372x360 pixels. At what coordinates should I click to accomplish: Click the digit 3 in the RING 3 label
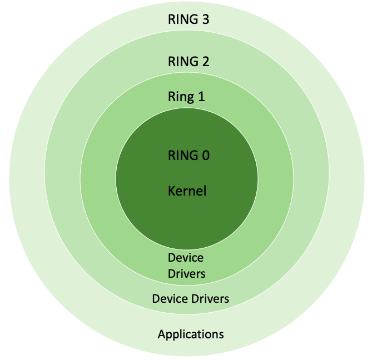click(x=205, y=19)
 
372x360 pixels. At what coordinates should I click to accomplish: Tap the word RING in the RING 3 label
click(x=182, y=19)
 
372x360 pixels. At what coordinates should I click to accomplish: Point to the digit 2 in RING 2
click(x=205, y=61)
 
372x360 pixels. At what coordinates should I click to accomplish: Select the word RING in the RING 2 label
click(x=182, y=61)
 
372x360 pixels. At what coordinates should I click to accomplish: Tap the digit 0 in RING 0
click(x=205, y=156)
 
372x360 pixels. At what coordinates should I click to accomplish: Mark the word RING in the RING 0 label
click(x=182, y=156)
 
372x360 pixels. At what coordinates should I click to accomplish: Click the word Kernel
click(x=187, y=191)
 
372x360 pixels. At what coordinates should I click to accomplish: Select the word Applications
click(x=191, y=334)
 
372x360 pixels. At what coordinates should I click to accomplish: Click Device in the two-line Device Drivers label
click(x=186, y=258)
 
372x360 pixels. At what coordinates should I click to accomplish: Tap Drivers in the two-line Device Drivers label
click(x=187, y=273)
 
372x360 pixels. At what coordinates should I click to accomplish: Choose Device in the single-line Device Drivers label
click(x=168, y=299)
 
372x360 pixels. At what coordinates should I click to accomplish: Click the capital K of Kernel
click(x=171, y=191)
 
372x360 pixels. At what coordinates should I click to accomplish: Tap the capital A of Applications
click(x=161, y=334)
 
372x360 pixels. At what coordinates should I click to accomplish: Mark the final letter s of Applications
click(x=221, y=334)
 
